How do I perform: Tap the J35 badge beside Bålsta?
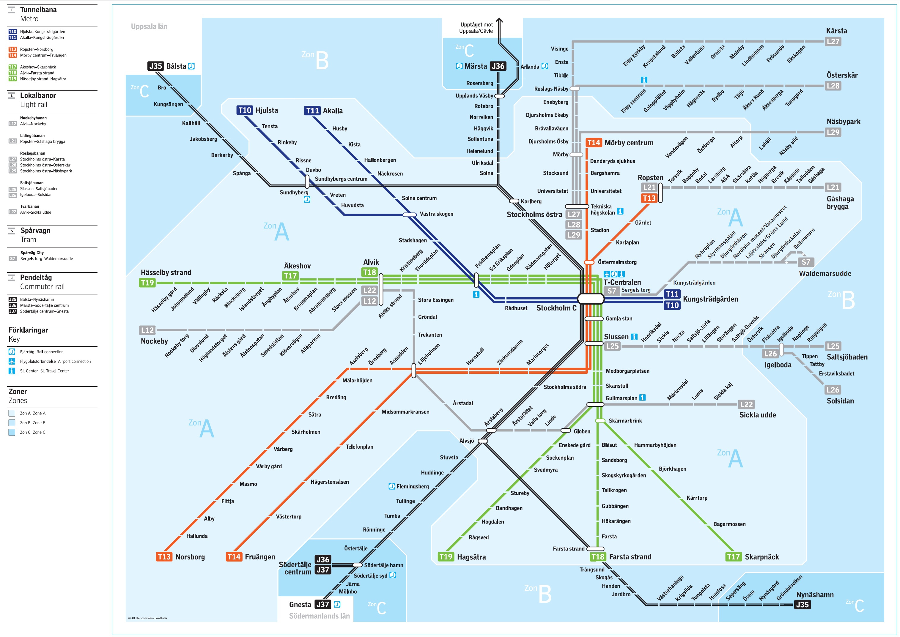coord(156,66)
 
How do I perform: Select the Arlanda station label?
coord(530,67)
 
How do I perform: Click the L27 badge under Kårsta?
coord(833,42)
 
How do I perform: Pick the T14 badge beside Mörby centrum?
coord(594,143)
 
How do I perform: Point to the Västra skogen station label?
coord(436,214)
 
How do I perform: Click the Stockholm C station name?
coord(556,308)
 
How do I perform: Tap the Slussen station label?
coord(616,337)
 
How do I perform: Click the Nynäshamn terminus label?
coord(815,595)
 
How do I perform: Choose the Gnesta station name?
coord(300,604)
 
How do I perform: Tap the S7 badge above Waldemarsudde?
coord(806,262)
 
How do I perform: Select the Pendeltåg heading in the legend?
coord(36,277)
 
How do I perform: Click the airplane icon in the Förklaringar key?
coord(12,361)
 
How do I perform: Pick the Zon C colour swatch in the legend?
coord(12,432)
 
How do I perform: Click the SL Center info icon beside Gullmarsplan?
coord(642,397)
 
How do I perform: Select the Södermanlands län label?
coord(319,616)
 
